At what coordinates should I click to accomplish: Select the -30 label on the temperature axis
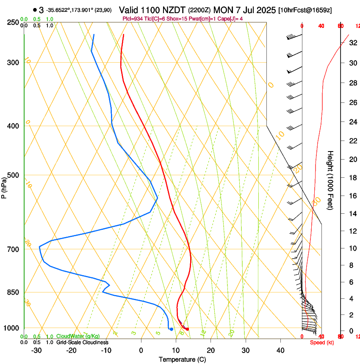[x=36, y=350]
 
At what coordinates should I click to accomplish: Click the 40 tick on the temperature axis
[x=280, y=350]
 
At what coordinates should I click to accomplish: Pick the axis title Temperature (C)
[x=182, y=359]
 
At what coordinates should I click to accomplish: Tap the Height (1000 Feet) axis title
[x=331, y=180]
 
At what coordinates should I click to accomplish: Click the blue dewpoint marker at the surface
[x=171, y=329]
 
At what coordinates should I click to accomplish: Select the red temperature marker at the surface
[x=187, y=329]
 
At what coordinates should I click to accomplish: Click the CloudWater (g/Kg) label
[x=78, y=336]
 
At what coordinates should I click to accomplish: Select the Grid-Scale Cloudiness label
[x=82, y=342]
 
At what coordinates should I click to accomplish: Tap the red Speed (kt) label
[x=322, y=342]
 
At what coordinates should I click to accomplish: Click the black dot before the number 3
[x=34, y=10]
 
